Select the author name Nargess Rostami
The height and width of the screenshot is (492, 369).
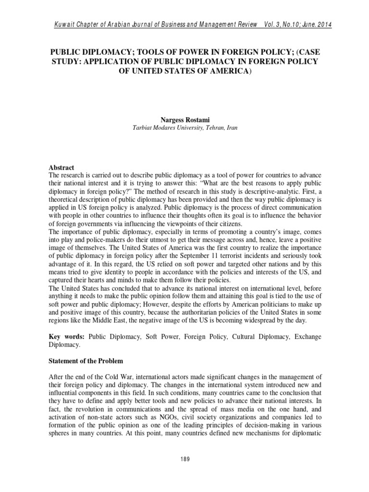(x=184, y=121)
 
